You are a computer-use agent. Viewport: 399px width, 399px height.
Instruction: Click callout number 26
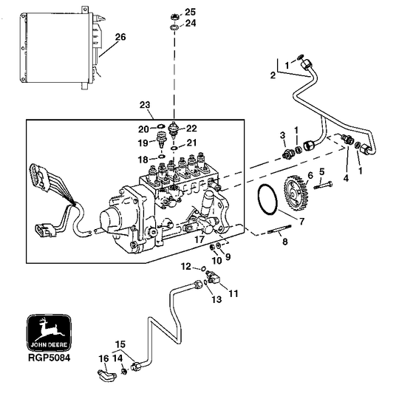pos(120,36)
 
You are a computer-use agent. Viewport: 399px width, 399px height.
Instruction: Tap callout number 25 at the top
pos(190,12)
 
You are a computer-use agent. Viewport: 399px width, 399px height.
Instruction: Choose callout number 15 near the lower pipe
pos(120,344)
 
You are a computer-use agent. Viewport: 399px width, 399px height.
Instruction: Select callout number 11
pos(233,293)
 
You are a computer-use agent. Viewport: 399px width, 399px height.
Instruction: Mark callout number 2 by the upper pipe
pos(272,75)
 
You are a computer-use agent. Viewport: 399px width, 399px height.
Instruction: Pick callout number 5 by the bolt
pos(321,171)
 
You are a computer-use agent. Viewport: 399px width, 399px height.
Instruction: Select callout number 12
pos(187,266)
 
